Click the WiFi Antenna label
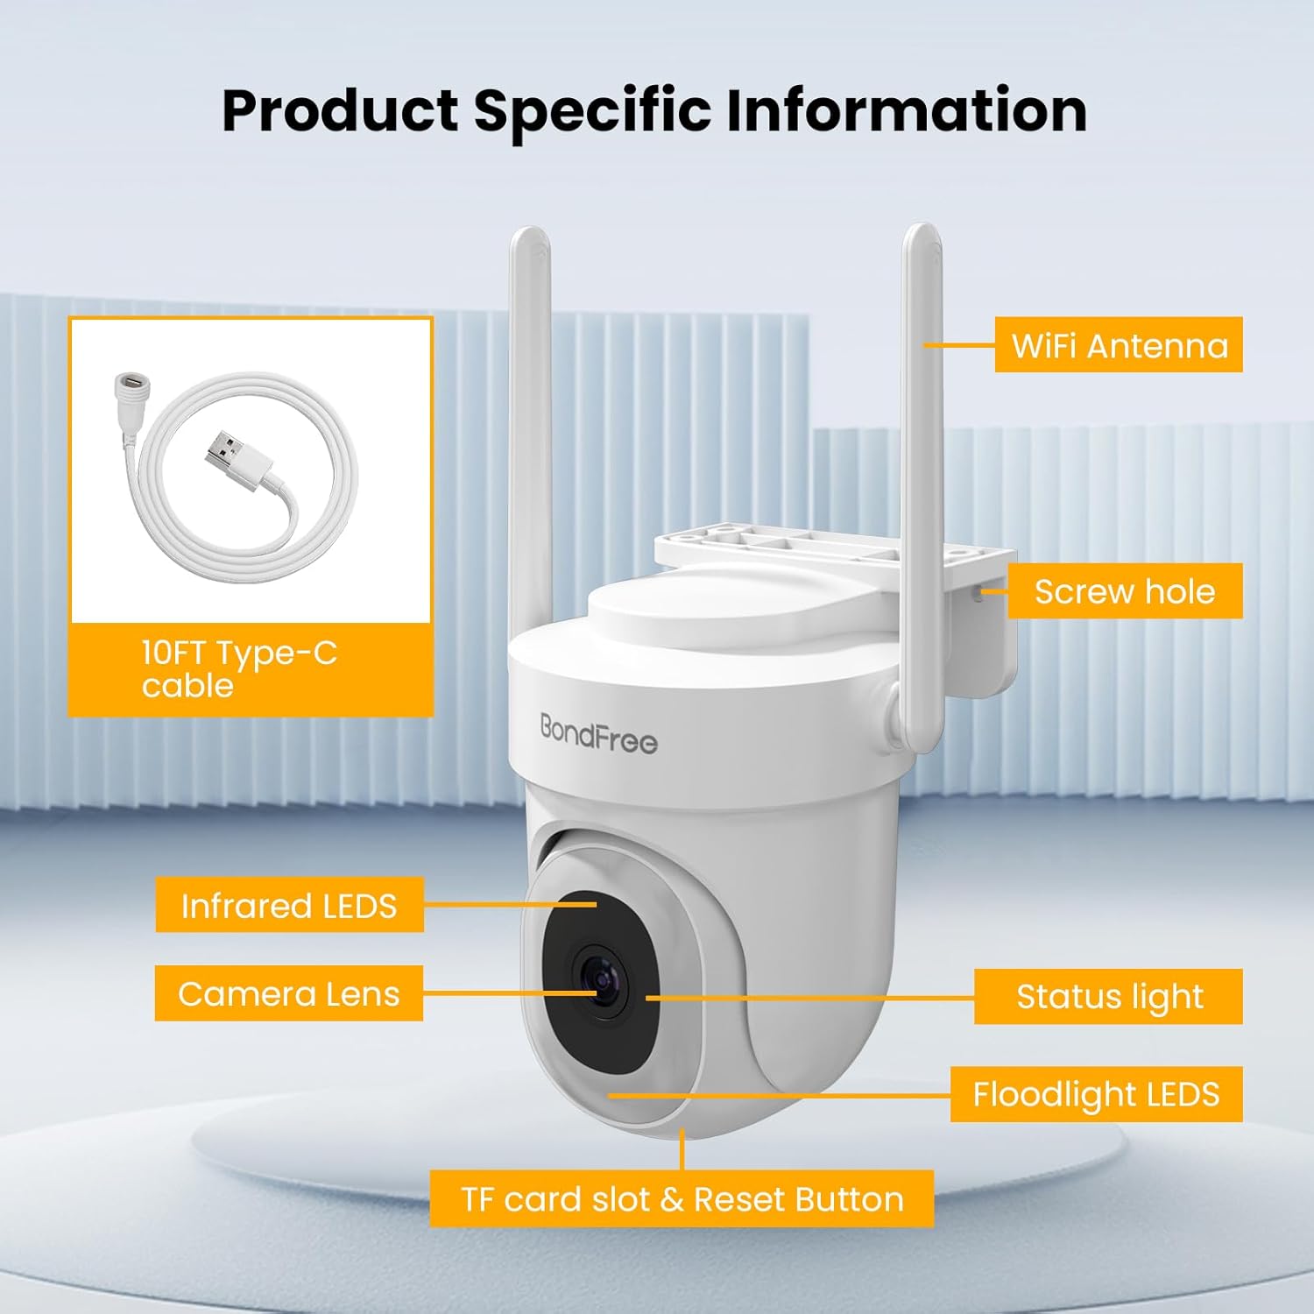coord(1119,345)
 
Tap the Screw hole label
coord(1125,591)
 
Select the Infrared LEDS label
coord(289,905)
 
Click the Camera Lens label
coord(289,993)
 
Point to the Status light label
coord(1109,996)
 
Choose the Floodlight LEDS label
coord(1096,1094)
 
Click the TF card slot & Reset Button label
coord(682,1198)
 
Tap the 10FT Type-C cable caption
coord(239,669)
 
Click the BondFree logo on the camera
coord(598,734)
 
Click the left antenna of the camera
coord(531,420)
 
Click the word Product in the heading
coord(340,110)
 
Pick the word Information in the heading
coord(907,110)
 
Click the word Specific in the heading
coord(592,110)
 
